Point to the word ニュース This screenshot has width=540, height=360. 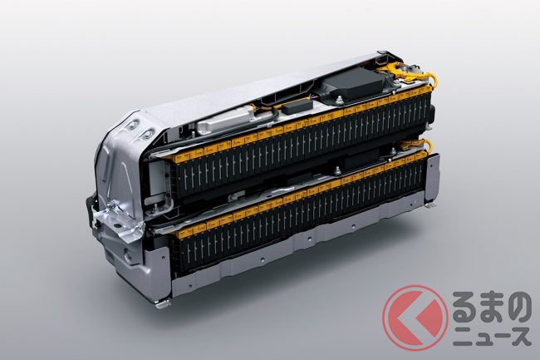[492, 336]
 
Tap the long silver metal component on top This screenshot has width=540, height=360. [223, 120]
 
